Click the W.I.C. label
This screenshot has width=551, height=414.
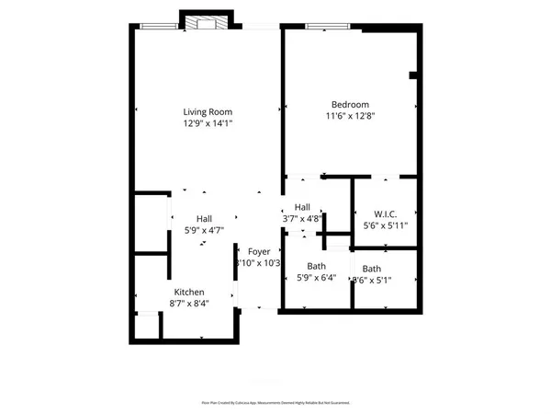385,213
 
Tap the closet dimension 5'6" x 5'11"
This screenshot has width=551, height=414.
385,225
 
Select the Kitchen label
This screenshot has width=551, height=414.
188,293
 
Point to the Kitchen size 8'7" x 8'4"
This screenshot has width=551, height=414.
188,305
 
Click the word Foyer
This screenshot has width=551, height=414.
260,251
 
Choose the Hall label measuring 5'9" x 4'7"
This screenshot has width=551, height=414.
204,218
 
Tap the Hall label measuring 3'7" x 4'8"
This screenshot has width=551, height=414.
302,207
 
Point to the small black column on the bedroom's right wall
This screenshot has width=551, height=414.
413,75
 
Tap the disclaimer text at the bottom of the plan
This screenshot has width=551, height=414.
275,402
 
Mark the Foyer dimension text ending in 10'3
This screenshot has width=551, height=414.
260,263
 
